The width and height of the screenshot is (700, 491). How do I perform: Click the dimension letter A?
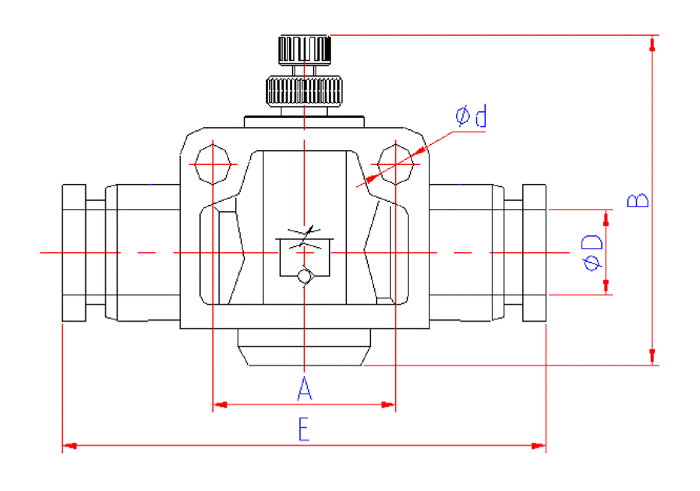[x=304, y=388]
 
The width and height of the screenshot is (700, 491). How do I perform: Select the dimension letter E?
[x=304, y=429]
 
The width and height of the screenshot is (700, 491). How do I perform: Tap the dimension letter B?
[x=638, y=200]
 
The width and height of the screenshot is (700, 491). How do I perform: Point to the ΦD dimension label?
[x=591, y=253]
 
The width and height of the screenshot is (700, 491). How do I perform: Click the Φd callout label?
[x=471, y=116]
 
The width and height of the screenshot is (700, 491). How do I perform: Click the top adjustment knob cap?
[x=304, y=49]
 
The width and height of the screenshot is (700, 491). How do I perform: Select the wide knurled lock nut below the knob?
[x=304, y=91]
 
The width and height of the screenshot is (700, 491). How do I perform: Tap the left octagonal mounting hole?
[x=213, y=164]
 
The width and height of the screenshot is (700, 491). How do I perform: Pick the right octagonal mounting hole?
[x=395, y=164]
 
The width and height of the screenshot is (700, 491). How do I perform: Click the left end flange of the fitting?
[x=74, y=253]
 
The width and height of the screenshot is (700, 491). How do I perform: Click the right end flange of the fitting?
[x=534, y=253]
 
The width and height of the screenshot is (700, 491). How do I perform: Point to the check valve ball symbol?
[x=305, y=277]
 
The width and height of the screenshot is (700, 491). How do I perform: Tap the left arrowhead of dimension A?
[x=220, y=405]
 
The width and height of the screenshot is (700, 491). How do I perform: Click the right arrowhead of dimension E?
[x=538, y=445]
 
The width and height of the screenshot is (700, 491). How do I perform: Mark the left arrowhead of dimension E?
[x=70, y=445]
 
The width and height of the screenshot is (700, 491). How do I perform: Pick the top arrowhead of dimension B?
[x=652, y=44]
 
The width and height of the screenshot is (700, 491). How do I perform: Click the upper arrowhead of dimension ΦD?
[x=606, y=219]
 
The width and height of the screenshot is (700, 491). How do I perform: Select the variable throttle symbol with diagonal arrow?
[x=305, y=237]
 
